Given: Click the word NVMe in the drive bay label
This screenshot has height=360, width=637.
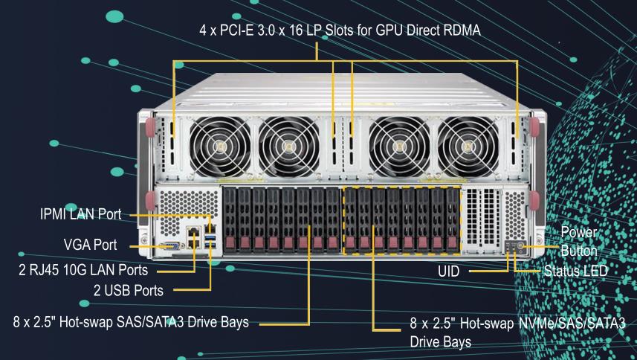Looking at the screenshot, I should click(524, 325).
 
